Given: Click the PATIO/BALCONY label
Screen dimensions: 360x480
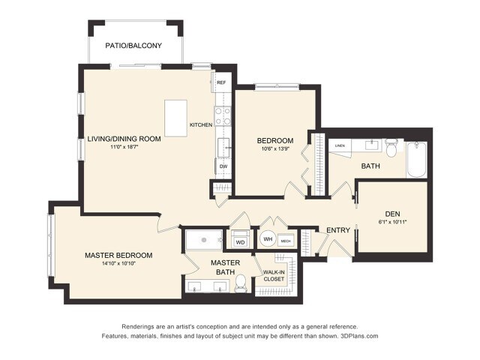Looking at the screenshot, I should [133, 46].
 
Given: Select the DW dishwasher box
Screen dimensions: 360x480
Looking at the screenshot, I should [223, 166].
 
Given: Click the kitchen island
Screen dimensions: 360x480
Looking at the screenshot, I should [176, 118].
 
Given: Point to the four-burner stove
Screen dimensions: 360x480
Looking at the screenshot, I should [223, 115].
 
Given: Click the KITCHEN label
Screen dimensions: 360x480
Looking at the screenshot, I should [200, 124].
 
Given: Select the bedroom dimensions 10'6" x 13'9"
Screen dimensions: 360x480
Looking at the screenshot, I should [274, 149].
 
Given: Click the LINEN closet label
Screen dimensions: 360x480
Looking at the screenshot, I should [340, 145].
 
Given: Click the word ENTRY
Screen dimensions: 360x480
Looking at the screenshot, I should [338, 230].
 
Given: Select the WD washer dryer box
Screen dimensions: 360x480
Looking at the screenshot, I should [241, 242].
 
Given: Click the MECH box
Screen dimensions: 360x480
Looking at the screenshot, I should [285, 241].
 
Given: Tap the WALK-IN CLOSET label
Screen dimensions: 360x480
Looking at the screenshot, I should [274, 275].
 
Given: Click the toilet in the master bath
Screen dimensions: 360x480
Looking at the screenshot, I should [241, 283].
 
